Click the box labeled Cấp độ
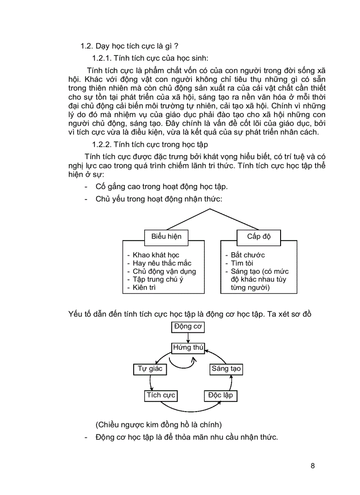pyautogui.click(x=259, y=236)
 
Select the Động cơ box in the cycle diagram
pyautogui.click(x=188, y=327)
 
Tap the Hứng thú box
pyautogui.click(x=188, y=348)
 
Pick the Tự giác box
pyautogui.click(x=150, y=369)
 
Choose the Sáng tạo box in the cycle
pyautogui.click(x=226, y=369)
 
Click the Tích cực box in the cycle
pyautogui.click(x=161, y=395)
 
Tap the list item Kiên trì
pyautogui.click(x=144, y=287)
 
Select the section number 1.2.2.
pyautogui.click(x=102, y=144)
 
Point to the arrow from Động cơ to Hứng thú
pyautogui.click(x=188, y=337)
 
